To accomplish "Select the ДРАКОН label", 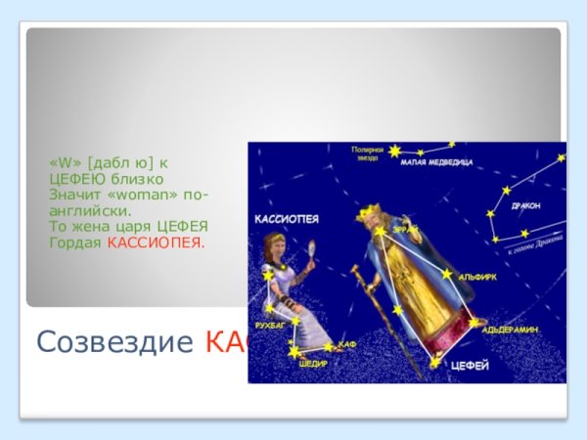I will pos(525,206).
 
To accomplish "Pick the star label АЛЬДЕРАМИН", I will pos(510,330).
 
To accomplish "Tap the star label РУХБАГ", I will pos(269,323).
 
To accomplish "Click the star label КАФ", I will pos(347,345).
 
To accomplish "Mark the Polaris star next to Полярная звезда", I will pos(394,152).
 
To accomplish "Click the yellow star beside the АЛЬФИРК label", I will pos(447,275).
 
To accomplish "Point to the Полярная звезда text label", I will pos(367,152).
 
